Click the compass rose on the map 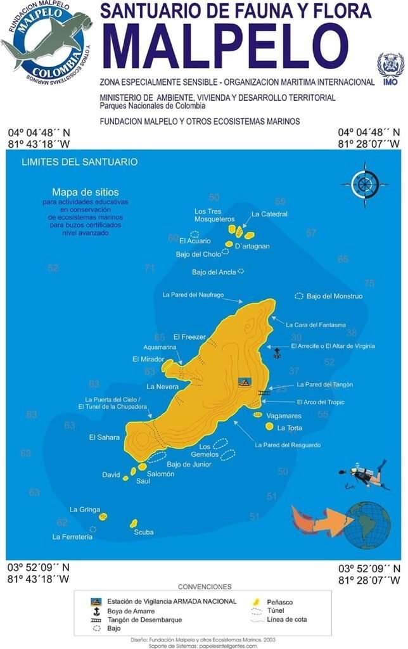pos(364,184)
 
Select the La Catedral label pos(269,214)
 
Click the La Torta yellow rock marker pos(269,427)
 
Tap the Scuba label pos(144,532)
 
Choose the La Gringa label pos(82,509)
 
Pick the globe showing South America pos(368,524)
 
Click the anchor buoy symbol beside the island pos(276,354)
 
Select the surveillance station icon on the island pos(245,382)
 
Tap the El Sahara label pos(105,437)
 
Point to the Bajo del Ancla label pos(214,273)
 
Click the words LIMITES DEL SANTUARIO pos(79,162)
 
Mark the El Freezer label pos(189,337)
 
